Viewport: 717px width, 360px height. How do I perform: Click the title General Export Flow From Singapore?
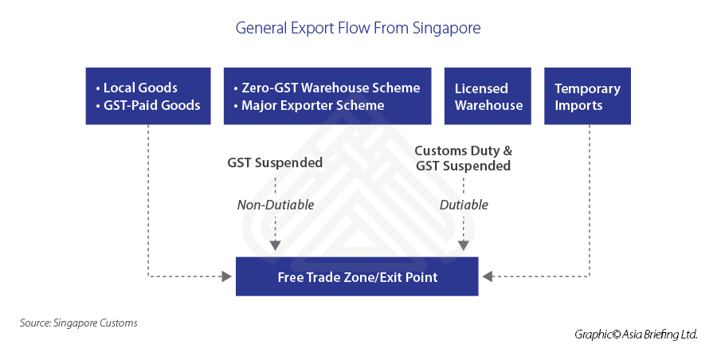(358, 29)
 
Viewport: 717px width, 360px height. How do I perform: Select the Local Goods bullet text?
(139, 88)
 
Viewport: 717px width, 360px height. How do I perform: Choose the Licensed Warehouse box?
(488, 96)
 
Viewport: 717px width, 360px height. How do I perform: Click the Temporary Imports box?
(587, 96)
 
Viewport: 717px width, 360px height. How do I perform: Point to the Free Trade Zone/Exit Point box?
(357, 277)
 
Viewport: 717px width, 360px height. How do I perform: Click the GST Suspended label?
(275, 162)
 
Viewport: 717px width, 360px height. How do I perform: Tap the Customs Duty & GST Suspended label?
(463, 158)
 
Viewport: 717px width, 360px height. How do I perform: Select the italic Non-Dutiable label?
(276, 205)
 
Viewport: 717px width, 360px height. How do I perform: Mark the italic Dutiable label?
(464, 205)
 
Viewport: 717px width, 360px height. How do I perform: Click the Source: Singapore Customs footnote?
(79, 323)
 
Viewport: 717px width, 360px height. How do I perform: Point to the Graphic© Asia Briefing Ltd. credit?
(636, 335)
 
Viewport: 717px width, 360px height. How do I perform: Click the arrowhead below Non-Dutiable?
(275, 247)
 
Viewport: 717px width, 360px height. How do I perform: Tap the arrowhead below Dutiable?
(463, 247)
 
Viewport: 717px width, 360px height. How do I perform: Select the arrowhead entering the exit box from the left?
(225, 277)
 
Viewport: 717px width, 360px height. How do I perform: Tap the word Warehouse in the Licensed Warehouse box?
(488, 105)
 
